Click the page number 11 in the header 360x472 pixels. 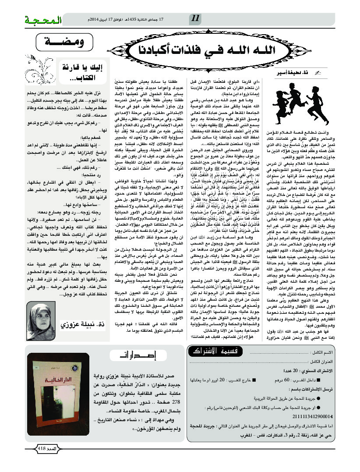point(195,18)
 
